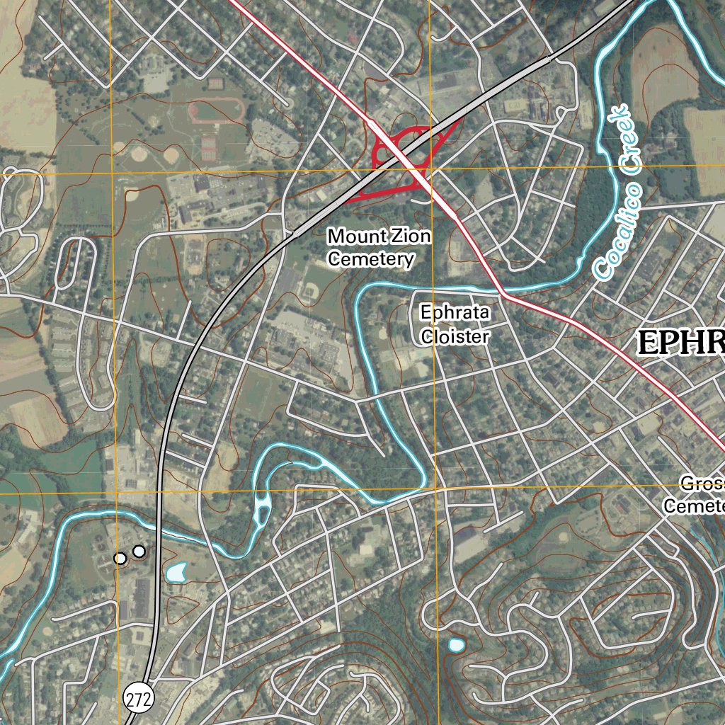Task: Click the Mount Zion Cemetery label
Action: tap(379, 247)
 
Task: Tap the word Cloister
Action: tap(455, 337)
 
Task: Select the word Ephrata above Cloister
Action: tap(455, 312)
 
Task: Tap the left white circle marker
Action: tap(120, 559)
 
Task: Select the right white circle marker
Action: tap(139, 551)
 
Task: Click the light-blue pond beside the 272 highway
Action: tap(176, 572)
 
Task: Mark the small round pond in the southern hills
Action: tap(456, 645)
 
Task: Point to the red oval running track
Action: tap(217, 110)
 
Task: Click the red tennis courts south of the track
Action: tap(208, 147)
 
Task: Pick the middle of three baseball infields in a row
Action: tap(139, 152)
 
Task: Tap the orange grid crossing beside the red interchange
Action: tap(430, 169)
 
